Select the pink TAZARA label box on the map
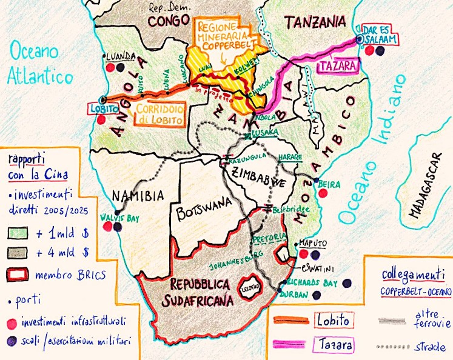point(337,65)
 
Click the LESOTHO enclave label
point(249,284)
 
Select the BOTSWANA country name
point(197,213)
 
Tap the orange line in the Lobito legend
point(287,321)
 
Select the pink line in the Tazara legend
point(287,345)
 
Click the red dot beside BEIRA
point(323,193)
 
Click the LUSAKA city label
point(266,132)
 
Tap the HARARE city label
point(290,157)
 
